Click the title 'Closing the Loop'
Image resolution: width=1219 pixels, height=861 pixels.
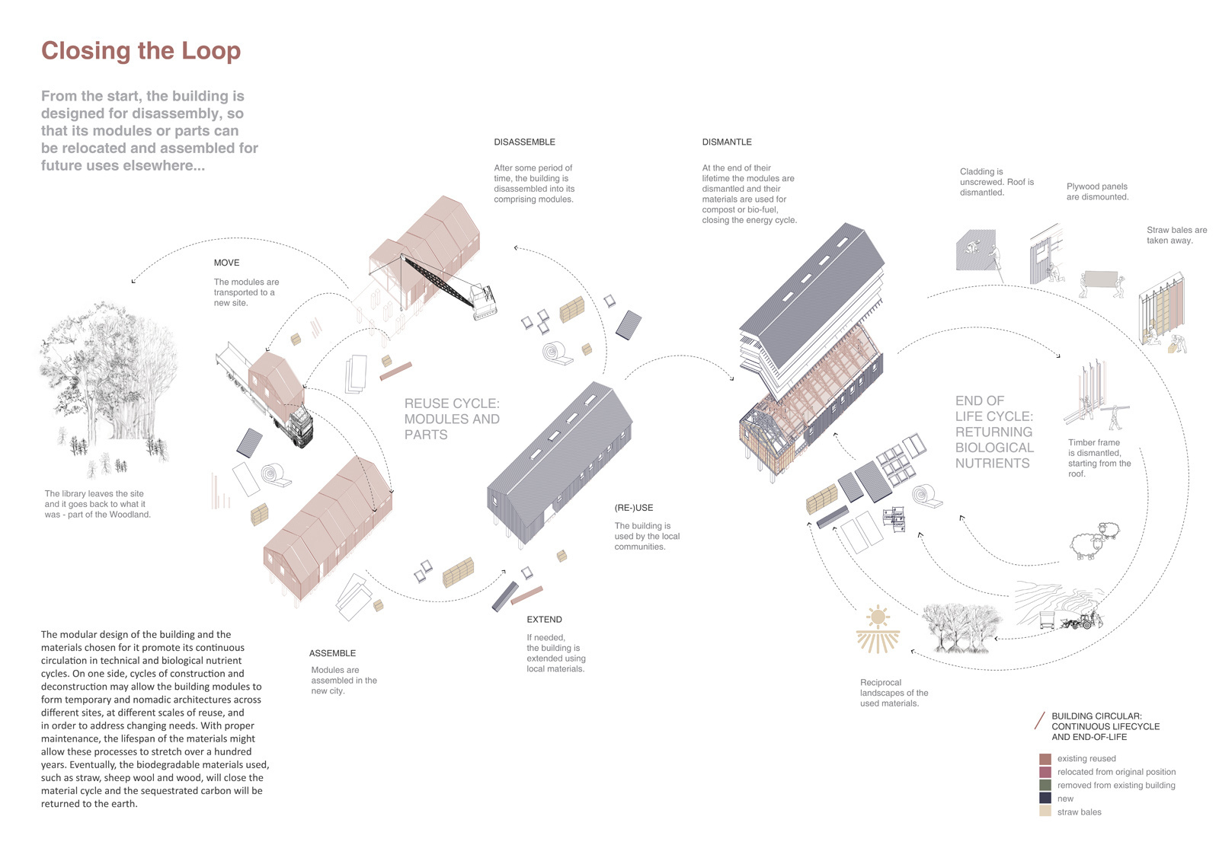point(141,51)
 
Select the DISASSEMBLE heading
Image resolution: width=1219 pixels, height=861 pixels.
point(524,142)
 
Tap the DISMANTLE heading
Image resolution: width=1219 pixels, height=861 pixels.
point(727,142)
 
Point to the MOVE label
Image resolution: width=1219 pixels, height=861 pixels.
point(226,263)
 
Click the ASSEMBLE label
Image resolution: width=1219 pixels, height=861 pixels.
point(332,653)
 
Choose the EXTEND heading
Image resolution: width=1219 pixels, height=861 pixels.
point(544,620)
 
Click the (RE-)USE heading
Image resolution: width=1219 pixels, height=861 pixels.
point(634,508)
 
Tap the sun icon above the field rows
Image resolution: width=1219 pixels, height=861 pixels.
point(878,616)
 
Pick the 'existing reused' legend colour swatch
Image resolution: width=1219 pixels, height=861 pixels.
point(1045,759)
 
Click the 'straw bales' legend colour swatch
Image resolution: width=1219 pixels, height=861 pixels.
point(1045,812)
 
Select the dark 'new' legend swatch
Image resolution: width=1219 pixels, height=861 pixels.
point(1045,798)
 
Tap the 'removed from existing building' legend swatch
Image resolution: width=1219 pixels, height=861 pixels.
point(1045,785)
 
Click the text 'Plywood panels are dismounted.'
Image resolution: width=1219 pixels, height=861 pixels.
point(1097,191)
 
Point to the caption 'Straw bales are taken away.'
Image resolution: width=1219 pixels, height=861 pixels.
point(1176,234)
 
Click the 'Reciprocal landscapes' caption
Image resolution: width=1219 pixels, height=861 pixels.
point(894,693)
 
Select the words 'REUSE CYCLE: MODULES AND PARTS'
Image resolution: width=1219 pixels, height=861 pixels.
point(452,419)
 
